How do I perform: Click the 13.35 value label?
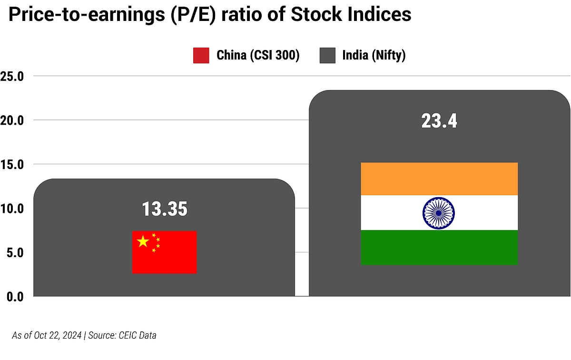click(x=165, y=209)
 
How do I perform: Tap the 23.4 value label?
click(x=439, y=120)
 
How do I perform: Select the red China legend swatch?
click(x=201, y=55)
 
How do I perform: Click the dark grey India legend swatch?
click(x=327, y=55)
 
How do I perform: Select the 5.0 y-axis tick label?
click(x=14, y=252)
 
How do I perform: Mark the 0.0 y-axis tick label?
click(x=14, y=296)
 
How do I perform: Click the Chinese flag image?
click(x=164, y=252)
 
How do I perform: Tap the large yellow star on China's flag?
click(x=143, y=241)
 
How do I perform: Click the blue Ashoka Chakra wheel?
click(x=438, y=213)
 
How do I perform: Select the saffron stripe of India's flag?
click(x=439, y=179)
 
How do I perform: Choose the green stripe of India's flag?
click(x=439, y=248)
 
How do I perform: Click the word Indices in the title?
click(x=375, y=15)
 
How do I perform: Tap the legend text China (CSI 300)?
click(x=258, y=55)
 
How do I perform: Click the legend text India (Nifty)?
click(x=374, y=55)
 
